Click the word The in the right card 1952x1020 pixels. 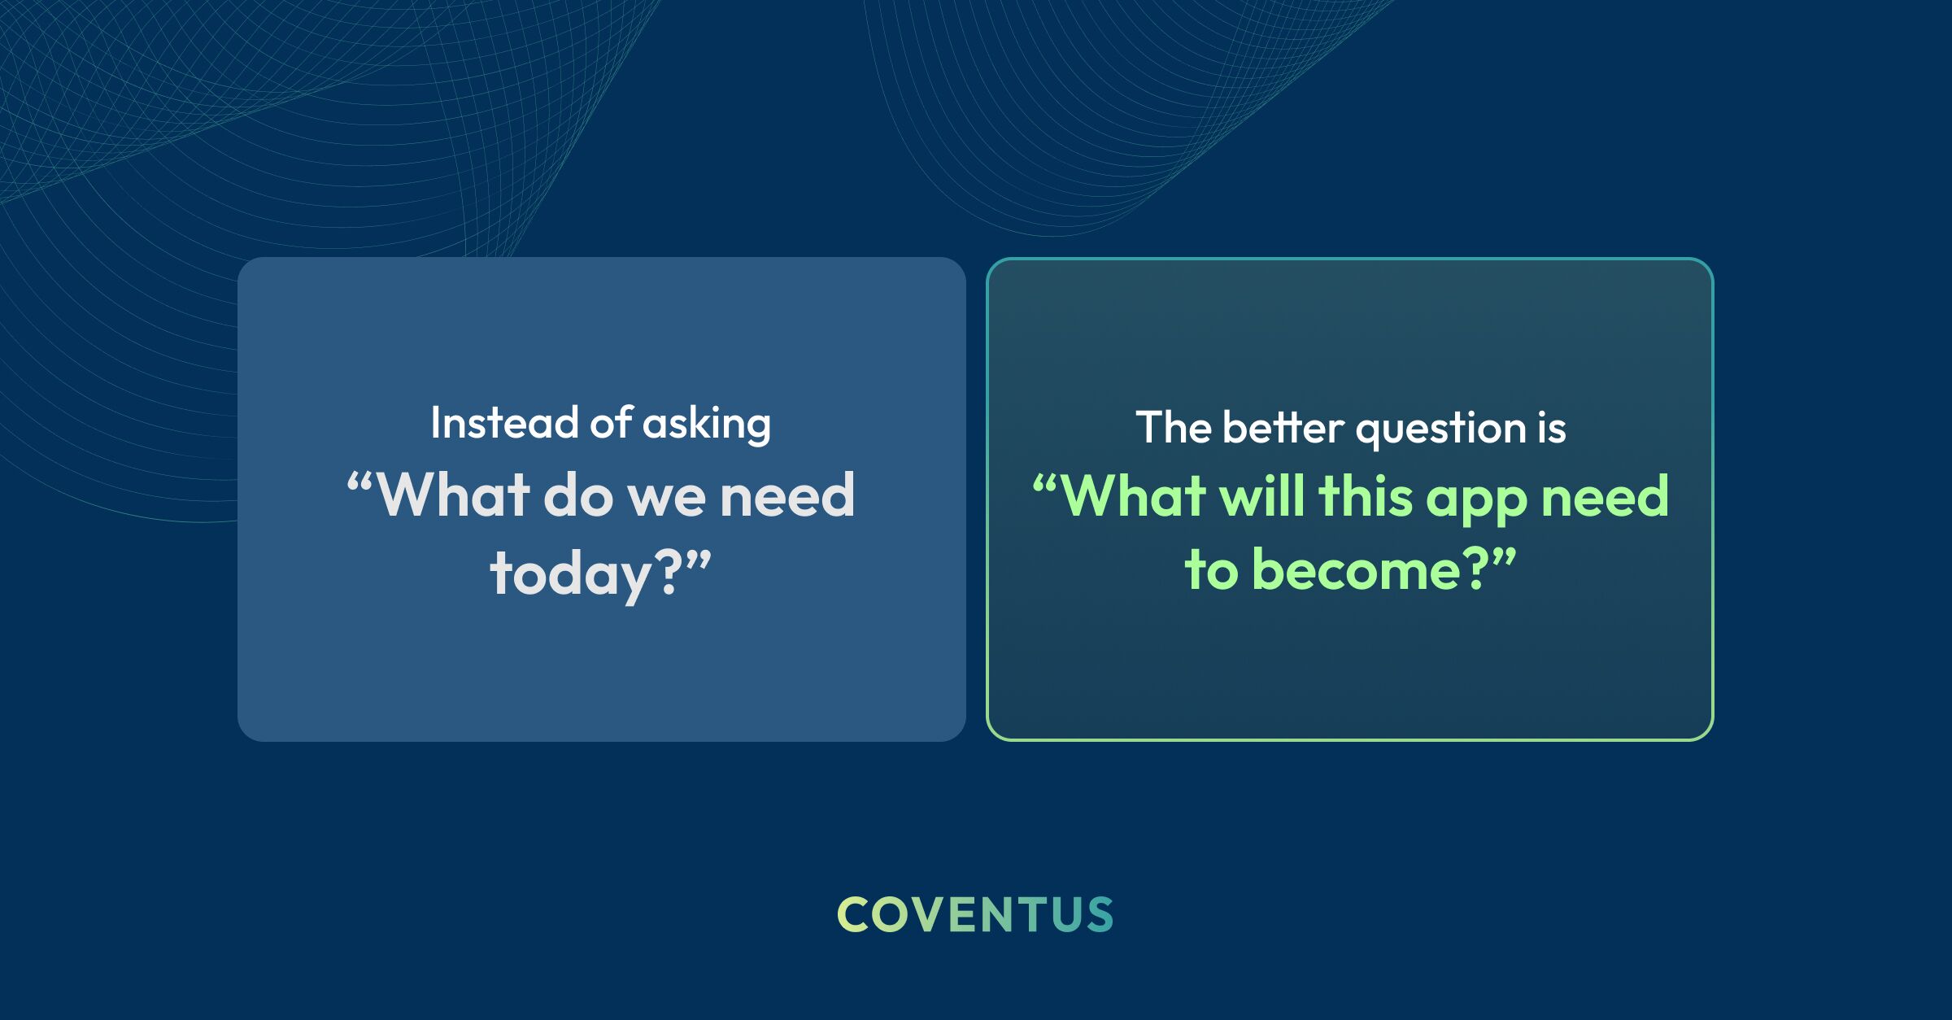[x=1173, y=427]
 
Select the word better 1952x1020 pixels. [x=1283, y=427]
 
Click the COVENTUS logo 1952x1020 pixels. [x=975, y=914]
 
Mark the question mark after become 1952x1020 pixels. [x=1476, y=568]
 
